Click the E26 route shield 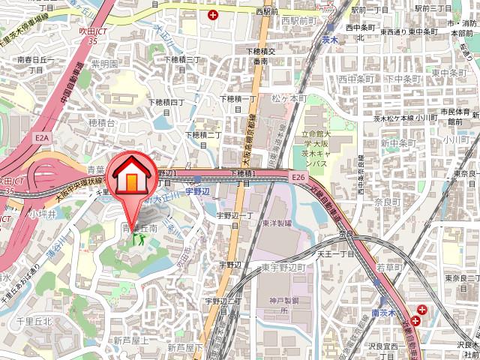tap(299, 176)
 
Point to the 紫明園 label tap(104, 64)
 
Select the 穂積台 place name tap(101, 121)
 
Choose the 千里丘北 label tap(34, 321)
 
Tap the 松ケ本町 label tap(289, 97)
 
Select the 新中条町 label tap(397, 142)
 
